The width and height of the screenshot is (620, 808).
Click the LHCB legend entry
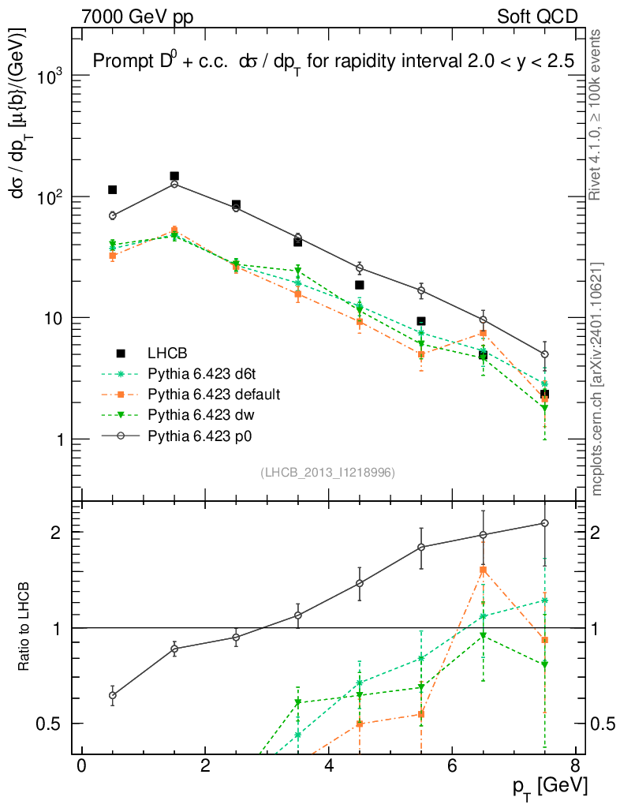165,353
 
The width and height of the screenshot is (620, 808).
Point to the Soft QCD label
537,16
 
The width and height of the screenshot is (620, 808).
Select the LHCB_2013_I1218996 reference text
327,472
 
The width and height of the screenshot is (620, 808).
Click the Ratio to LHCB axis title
25,627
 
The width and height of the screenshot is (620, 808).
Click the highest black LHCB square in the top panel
174,176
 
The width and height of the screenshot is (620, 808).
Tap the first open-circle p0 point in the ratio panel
113,695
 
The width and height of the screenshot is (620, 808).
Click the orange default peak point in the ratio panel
483,570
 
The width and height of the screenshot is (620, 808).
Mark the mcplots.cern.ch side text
597,379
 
